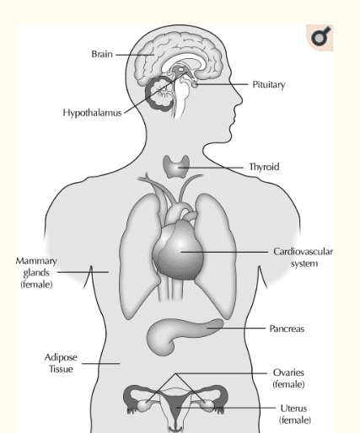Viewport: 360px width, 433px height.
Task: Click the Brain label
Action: [x=102, y=54]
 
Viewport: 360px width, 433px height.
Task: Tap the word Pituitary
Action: [x=269, y=84]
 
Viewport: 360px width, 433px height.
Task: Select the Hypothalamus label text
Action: [x=92, y=113]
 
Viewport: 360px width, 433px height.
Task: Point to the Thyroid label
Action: [x=264, y=167]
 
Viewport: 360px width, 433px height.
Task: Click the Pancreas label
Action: [x=287, y=329]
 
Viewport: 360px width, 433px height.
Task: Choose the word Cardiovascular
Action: [x=303, y=251]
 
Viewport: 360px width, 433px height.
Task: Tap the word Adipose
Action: [x=61, y=357]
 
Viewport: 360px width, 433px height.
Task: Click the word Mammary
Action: [x=36, y=261]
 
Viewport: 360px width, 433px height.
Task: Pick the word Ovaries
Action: [x=288, y=372]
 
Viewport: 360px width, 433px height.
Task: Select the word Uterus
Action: [x=293, y=408]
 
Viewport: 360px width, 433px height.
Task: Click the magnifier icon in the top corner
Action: [x=320, y=38]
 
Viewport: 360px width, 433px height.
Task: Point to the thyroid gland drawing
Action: [x=176, y=167]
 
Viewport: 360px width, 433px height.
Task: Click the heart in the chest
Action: [x=178, y=250]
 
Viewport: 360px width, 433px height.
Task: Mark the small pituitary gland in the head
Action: [x=195, y=84]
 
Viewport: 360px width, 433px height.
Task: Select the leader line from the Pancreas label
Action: [x=236, y=328]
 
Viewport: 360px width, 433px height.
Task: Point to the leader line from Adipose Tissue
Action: [x=101, y=364]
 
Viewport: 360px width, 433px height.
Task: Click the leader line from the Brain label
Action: [x=135, y=55]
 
